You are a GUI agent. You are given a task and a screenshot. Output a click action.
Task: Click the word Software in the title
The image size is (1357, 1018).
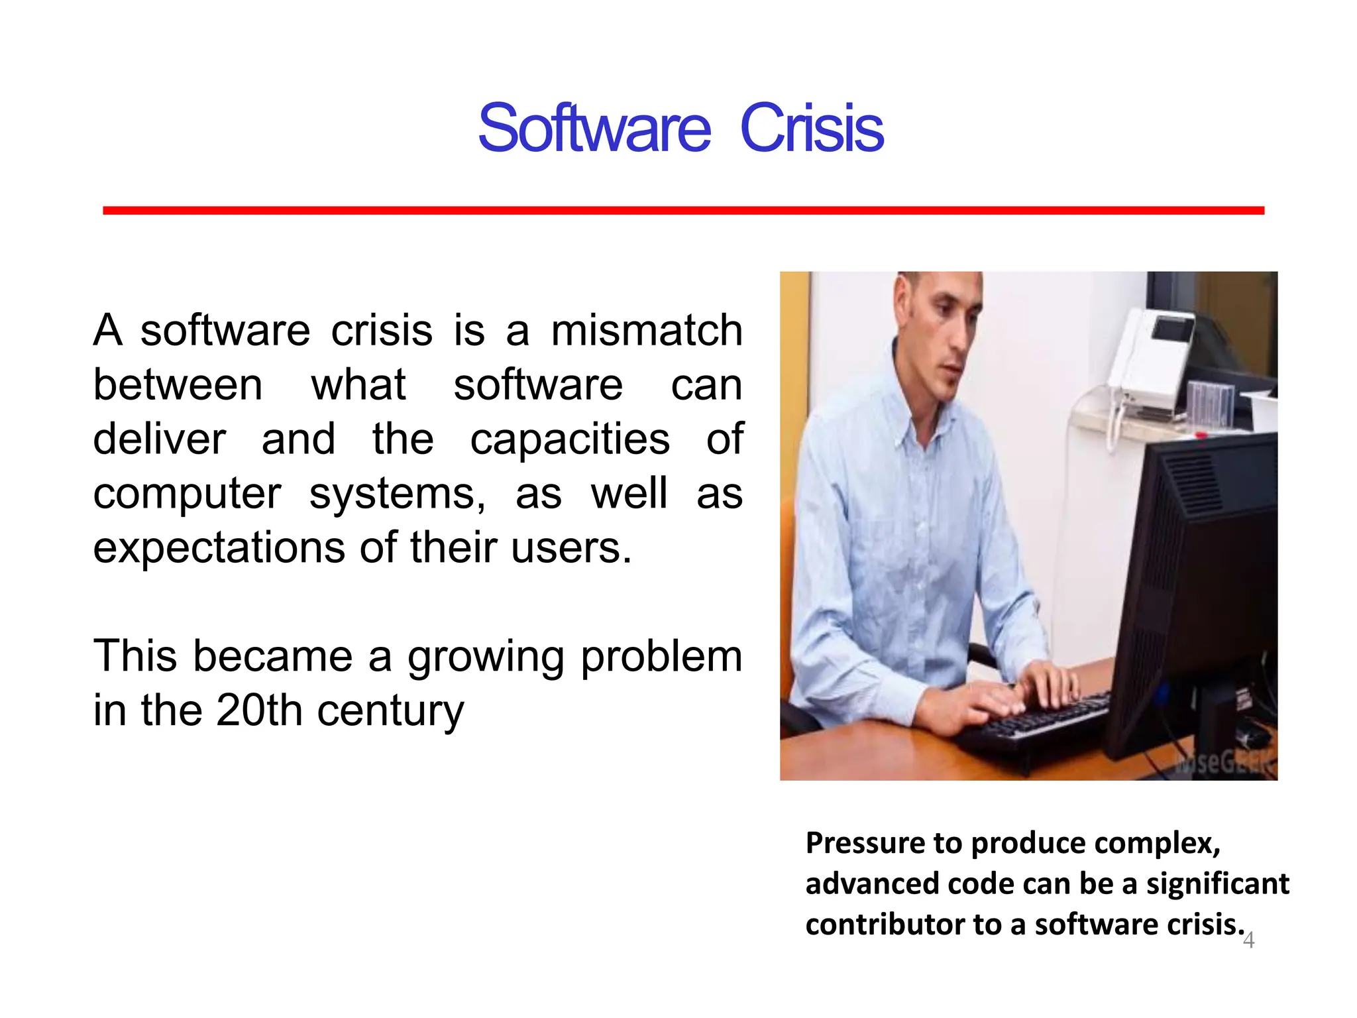pyautogui.click(x=594, y=128)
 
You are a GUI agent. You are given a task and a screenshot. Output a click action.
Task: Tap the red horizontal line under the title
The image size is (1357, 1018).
pyautogui.click(x=682, y=210)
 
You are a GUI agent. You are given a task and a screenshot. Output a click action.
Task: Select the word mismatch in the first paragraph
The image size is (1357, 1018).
pyautogui.click(x=646, y=331)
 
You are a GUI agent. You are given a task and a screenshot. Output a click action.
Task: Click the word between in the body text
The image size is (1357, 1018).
pyautogui.click(x=178, y=385)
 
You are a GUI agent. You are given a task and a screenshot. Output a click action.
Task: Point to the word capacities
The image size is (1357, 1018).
pyautogui.click(x=570, y=439)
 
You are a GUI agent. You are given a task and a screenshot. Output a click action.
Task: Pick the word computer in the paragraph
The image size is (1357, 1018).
pyautogui.click(x=187, y=495)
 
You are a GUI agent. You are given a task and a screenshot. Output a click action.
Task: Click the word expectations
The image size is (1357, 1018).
pyautogui.click(x=219, y=548)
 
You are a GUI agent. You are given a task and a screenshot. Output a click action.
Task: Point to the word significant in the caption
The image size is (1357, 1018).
pyautogui.click(x=1217, y=884)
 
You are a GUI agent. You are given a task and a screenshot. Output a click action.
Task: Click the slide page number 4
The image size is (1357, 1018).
pyautogui.click(x=1248, y=940)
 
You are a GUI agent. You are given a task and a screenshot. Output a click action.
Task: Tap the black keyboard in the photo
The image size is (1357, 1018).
pyautogui.click(x=1040, y=722)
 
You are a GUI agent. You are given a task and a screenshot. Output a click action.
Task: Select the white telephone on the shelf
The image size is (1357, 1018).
pyautogui.click(x=1153, y=358)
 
